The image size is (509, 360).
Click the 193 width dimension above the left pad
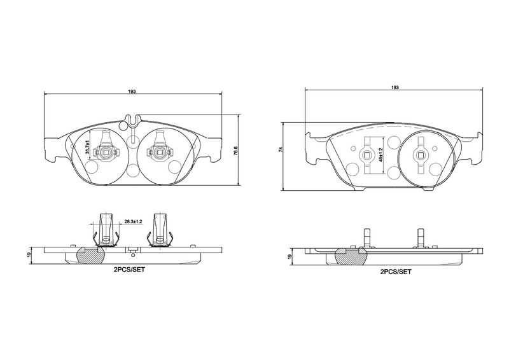click(x=132, y=92)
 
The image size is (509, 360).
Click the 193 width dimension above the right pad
click(x=394, y=87)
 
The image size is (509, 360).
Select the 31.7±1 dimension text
click(x=87, y=147)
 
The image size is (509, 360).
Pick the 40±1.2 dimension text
click(x=380, y=155)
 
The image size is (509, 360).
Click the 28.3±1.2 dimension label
click(x=134, y=221)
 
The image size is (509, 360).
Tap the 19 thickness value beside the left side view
click(x=29, y=254)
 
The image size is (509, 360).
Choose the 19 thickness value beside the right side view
click(x=290, y=256)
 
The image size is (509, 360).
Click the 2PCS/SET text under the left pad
click(x=129, y=270)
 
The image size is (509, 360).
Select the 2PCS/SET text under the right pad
click(x=396, y=272)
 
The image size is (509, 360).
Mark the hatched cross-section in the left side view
click(x=90, y=255)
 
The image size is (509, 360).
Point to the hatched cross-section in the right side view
click(x=351, y=256)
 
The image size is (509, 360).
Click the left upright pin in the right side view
click(x=367, y=237)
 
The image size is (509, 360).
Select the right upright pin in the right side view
click(x=421, y=237)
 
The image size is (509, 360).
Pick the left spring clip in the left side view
click(x=106, y=231)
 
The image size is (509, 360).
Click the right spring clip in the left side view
click(x=160, y=231)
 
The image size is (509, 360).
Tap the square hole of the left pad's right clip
click(x=160, y=151)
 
